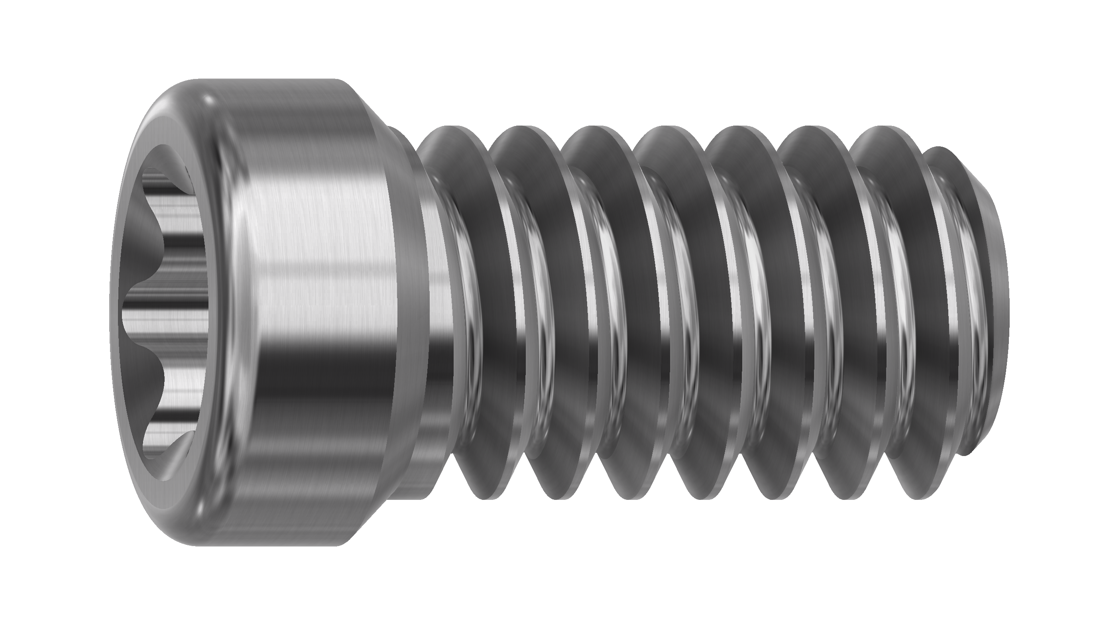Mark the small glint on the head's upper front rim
[207, 101]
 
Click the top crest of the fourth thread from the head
[662, 131]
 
